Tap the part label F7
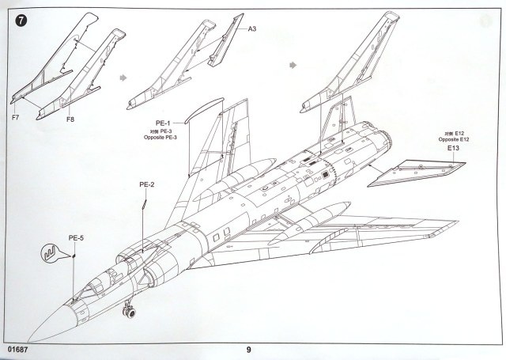[x=16, y=119]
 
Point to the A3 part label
[x=253, y=29]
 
